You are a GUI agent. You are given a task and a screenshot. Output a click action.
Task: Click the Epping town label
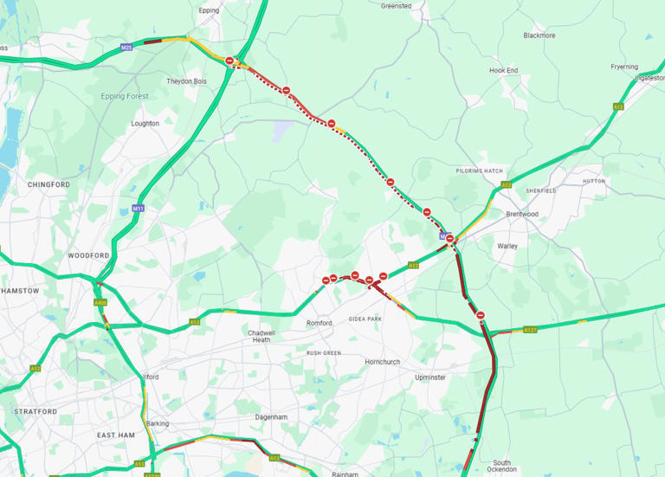(209, 10)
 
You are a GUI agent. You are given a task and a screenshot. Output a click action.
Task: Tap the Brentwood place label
(522, 214)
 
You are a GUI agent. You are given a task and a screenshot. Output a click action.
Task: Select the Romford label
(320, 323)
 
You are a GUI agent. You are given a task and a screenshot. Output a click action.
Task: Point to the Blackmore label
(539, 35)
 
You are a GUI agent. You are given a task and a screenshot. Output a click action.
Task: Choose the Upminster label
(429, 377)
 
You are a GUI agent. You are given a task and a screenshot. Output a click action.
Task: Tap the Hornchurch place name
(383, 362)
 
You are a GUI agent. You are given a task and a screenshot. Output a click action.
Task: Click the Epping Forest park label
(125, 96)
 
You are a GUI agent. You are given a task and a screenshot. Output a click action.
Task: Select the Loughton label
(145, 124)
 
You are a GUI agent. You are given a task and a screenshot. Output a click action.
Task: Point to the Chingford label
(48, 184)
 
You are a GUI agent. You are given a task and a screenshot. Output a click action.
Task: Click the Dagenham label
(270, 416)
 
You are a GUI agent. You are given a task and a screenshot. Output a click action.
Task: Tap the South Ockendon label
(502, 467)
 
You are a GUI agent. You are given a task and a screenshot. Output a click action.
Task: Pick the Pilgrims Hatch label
(480, 171)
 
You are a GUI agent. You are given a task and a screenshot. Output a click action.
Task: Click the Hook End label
(503, 70)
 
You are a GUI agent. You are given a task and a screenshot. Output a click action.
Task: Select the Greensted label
(396, 6)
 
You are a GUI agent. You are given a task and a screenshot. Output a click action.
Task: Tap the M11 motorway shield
(138, 208)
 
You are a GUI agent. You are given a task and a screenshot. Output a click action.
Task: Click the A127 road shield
(529, 330)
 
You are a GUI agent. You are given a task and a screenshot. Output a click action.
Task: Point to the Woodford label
(88, 256)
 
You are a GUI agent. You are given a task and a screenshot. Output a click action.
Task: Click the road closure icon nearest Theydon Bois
(229, 61)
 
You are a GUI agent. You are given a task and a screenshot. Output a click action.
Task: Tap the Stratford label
(36, 411)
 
